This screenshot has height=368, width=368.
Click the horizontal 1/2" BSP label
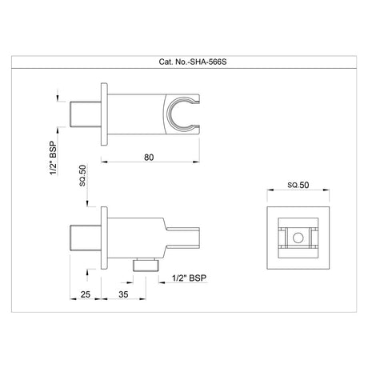click(x=189, y=278)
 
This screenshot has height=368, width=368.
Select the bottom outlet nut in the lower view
click(x=145, y=266)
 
